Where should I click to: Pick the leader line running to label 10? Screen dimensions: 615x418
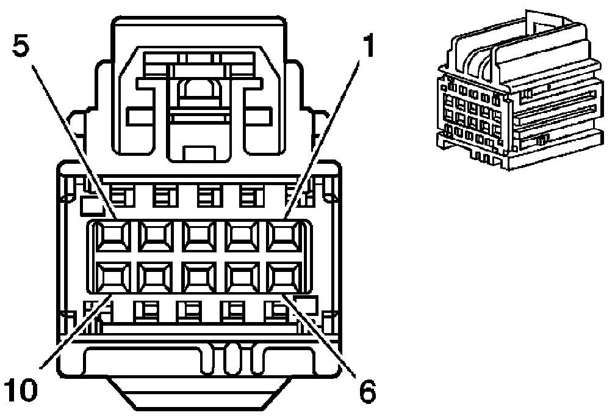pyautogui.click(x=73, y=333)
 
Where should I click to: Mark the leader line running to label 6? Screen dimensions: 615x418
pyautogui.click(x=323, y=333)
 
